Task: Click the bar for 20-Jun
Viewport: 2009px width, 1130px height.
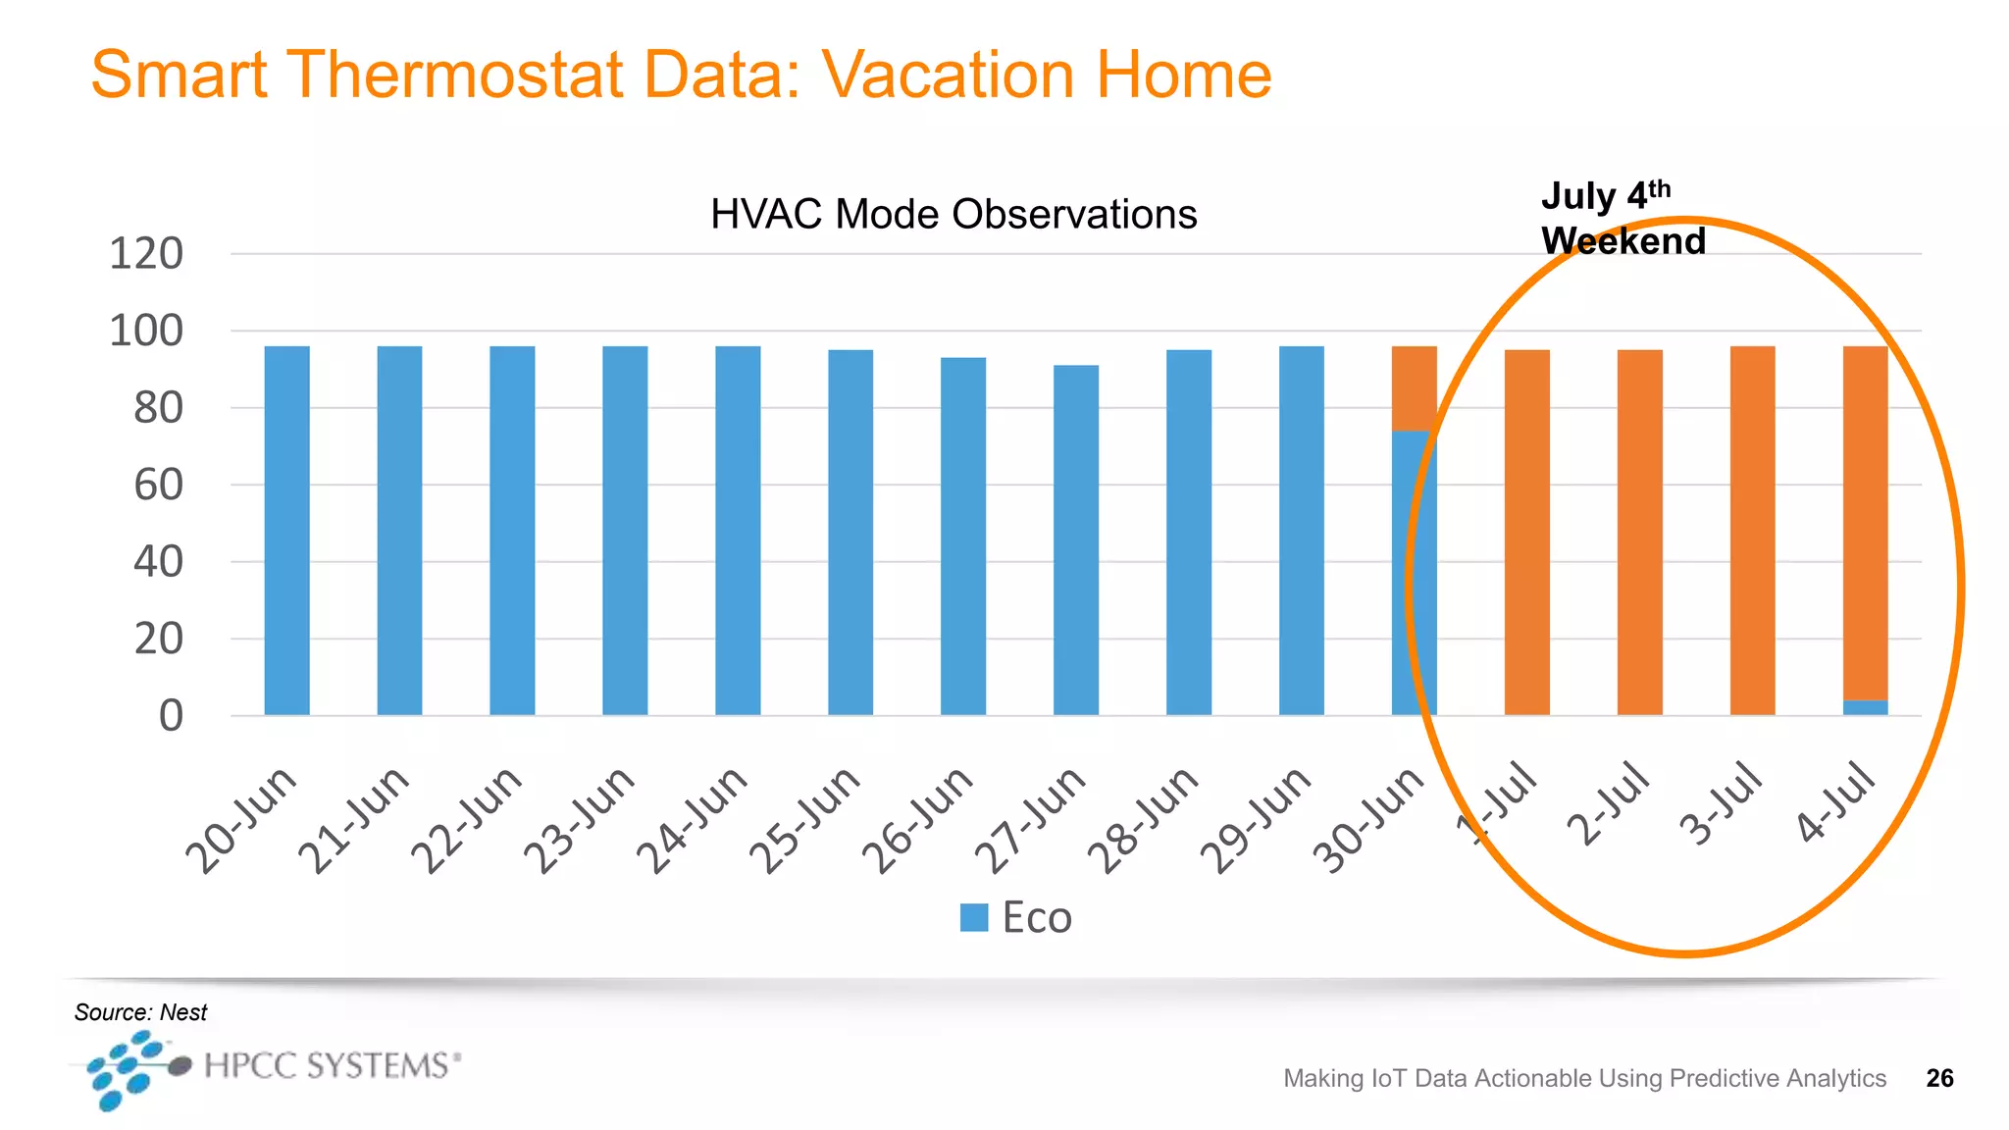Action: pos(286,530)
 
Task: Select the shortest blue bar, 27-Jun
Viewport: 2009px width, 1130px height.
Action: pos(1076,539)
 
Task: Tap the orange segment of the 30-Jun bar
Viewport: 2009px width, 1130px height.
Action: pos(1414,387)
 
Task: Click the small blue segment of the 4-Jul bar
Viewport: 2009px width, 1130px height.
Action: pos(1865,707)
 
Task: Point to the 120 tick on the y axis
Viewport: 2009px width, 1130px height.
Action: pos(146,254)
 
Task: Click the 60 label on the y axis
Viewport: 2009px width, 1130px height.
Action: pos(158,485)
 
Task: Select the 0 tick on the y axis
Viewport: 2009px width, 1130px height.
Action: pos(171,716)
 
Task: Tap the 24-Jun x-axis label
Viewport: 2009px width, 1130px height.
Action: pos(693,819)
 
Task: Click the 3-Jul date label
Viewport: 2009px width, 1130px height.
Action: pos(1723,801)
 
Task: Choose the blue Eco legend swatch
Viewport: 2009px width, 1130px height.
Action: pos(973,917)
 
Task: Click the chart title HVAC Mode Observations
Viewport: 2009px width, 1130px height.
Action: pos(953,214)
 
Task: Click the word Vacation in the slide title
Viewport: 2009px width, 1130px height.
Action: pos(949,75)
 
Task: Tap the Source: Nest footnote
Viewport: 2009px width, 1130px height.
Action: pos(140,1012)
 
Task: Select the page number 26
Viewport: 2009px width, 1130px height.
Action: pos(1939,1078)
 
